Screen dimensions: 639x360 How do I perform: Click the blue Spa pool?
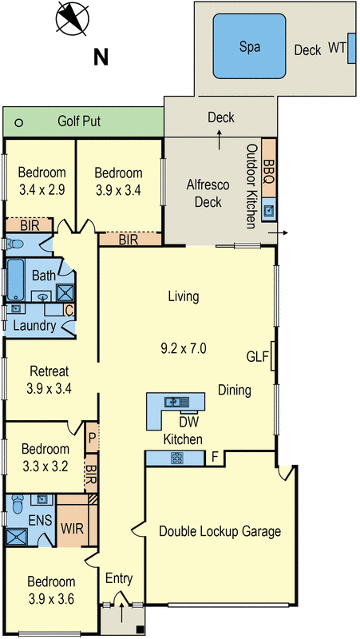click(x=249, y=47)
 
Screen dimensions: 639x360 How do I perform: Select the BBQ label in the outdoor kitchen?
click(x=269, y=169)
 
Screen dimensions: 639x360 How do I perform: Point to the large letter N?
click(x=101, y=57)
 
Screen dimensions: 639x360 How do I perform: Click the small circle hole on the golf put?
click(x=18, y=123)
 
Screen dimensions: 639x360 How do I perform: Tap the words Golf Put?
click(x=78, y=122)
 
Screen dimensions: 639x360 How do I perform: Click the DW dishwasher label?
click(x=188, y=422)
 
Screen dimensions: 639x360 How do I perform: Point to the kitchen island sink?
click(x=173, y=402)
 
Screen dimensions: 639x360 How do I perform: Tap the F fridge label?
click(x=214, y=458)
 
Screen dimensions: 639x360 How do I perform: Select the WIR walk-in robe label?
click(x=72, y=529)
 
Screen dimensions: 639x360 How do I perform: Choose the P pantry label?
click(x=92, y=438)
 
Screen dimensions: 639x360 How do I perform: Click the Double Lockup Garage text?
click(x=220, y=530)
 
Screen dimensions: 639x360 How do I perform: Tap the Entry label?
click(x=119, y=578)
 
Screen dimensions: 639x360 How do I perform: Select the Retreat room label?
click(x=49, y=371)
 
